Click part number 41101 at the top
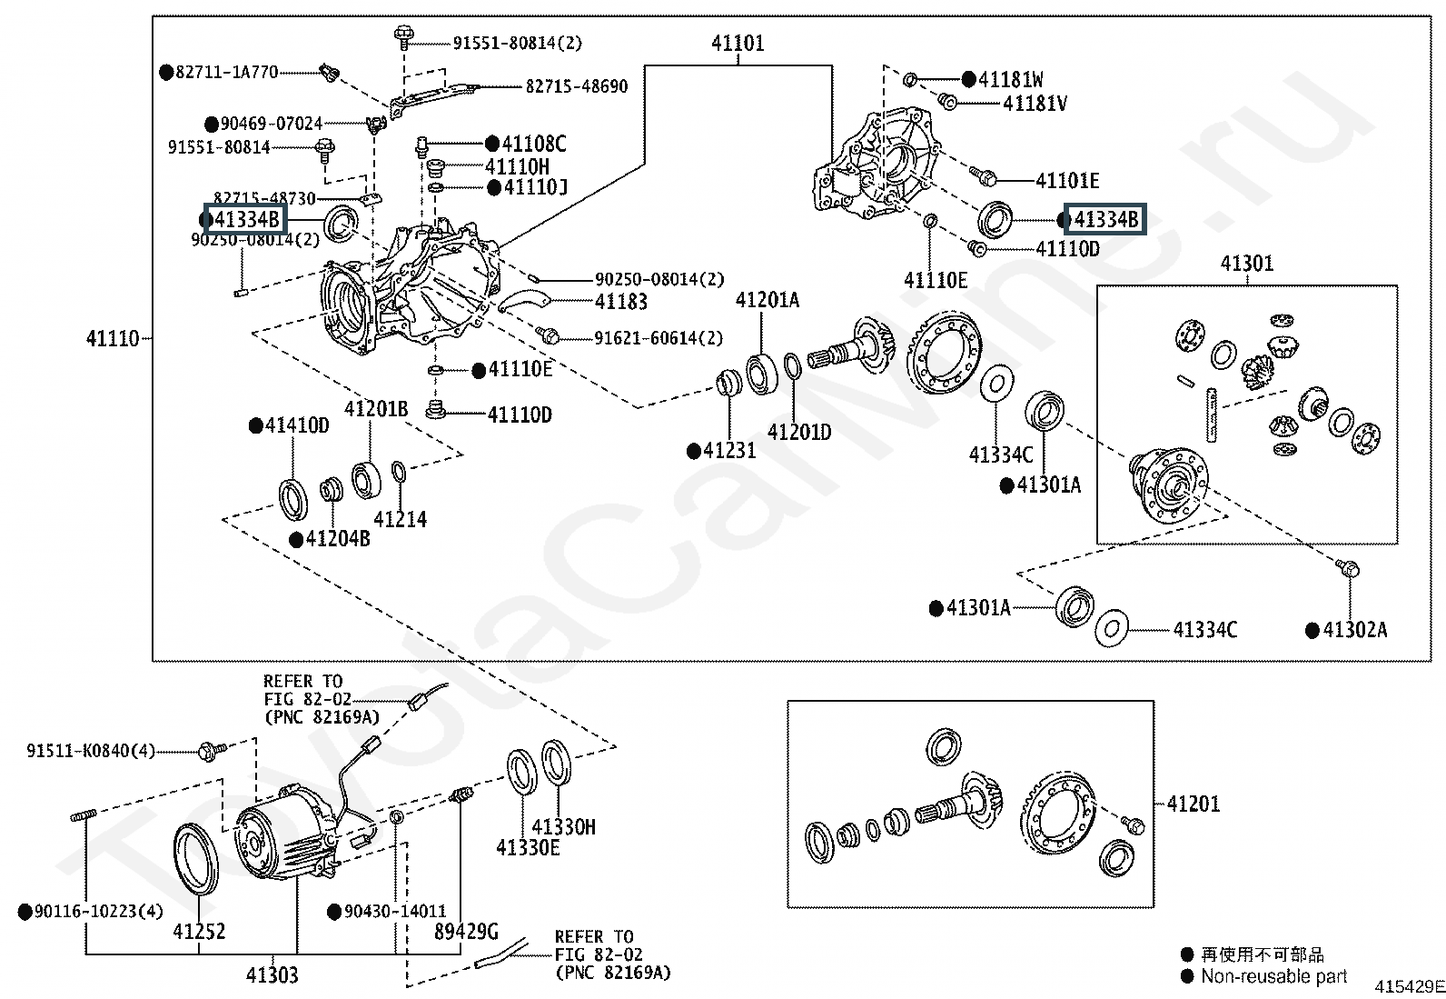pyautogui.click(x=738, y=43)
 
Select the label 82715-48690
pyautogui.click(x=577, y=86)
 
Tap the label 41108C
pyautogui.click(x=534, y=144)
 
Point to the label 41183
pyautogui.click(x=621, y=302)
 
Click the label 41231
pyautogui.click(x=729, y=450)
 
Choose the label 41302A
pyautogui.click(x=1354, y=630)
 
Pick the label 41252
pyautogui.click(x=199, y=931)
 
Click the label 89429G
pyautogui.click(x=466, y=931)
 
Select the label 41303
pyautogui.click(x=272, y=974)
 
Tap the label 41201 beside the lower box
pyautogui.click(x=1193, y=804)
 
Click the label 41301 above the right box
pyautogui.click(x=1247, y=264)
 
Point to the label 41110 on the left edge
pyautogui.click(x=113, y=338)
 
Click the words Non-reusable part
pyautogui.click(x=1273, y=976)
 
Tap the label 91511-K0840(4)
pyautogui.click(x=91, y=751)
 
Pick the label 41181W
pyautogui.click(x=1010, y=79)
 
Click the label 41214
pyautogui.click(x=400, y=519)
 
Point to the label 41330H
pyautogui.click(x=563, y=826)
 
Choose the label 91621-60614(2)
pyautogui.click(x=659, y=338)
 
